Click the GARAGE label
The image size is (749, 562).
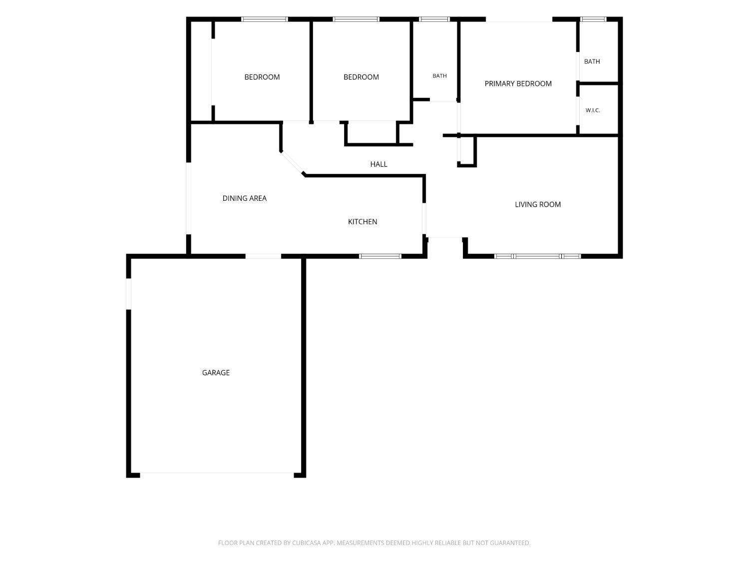(x=216, y=373)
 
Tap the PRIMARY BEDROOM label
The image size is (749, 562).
(x=518, y=83)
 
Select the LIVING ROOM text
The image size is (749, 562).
(x=538, y=204)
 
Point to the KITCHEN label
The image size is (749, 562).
(x=363, y=222)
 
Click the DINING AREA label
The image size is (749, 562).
(x=244, y=198)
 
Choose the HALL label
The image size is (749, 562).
(x=379, y=164)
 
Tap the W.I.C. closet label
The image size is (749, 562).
(x=593, y=110)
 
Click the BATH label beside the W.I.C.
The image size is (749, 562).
(x=592, y=61)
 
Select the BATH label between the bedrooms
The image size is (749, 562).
(x=439, y=76)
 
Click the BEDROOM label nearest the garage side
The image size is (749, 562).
(x=262, y=77)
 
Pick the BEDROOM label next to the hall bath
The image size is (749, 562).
(x=361, y=77)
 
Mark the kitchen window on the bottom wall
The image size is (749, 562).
(x=380, y=256)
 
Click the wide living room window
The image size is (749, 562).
(x=537, y=256)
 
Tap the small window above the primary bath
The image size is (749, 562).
(x=593, y=19)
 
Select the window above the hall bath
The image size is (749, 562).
(x=434, y=19)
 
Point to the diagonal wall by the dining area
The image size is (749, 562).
(x=293, y=163)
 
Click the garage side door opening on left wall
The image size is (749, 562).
(x=129, y=294)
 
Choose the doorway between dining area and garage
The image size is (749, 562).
(x=263, y=256)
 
